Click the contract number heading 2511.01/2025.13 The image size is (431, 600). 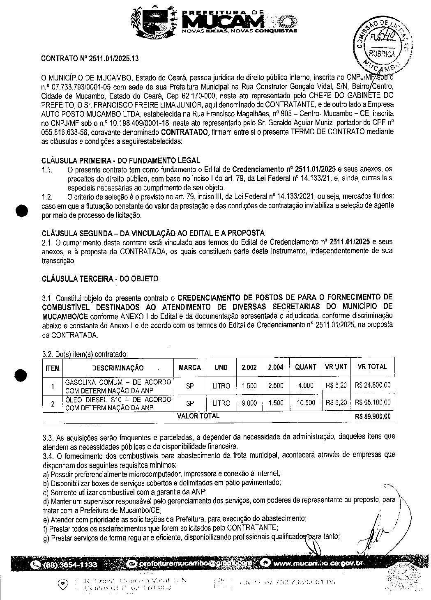(x=90, y=59)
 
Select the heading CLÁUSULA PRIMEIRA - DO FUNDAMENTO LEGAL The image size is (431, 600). (x=121, y=160)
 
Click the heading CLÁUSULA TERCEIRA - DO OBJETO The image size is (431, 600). (x=100, y=279)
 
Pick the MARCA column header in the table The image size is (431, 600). (x=189, y=368)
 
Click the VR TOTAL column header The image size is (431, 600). (x=372, y=367)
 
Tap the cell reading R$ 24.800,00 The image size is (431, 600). (x=372, y=385)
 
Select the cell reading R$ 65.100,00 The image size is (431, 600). (x=372, y=402)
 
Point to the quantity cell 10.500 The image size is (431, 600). (x=306, y=403)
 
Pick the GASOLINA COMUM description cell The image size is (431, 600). (x=118, y=386)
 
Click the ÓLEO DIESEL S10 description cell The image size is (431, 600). (x=118, y=403)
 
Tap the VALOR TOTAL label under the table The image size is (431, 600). (x=198, y=416)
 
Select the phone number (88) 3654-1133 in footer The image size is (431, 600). (x=70, y=565)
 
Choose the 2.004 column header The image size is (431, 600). (x=275, y=368)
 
